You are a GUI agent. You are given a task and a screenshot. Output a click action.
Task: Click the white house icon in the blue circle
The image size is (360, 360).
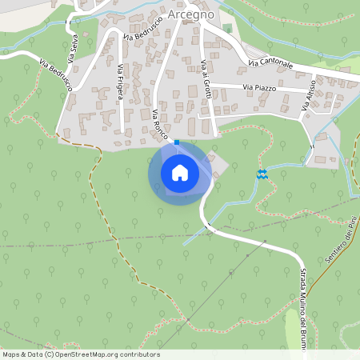pos(179,172)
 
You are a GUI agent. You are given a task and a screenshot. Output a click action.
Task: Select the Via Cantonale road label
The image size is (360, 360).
pos(270,62)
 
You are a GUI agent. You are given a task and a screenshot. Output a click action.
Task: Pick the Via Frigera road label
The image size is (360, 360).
pos(121,81)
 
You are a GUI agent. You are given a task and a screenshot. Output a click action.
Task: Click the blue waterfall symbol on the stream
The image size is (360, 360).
pos(262,174)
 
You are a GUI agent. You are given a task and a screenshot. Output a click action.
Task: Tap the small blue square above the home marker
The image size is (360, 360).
pos(177,142)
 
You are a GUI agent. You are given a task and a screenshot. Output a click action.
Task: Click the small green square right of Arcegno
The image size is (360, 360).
pos(227,30)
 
